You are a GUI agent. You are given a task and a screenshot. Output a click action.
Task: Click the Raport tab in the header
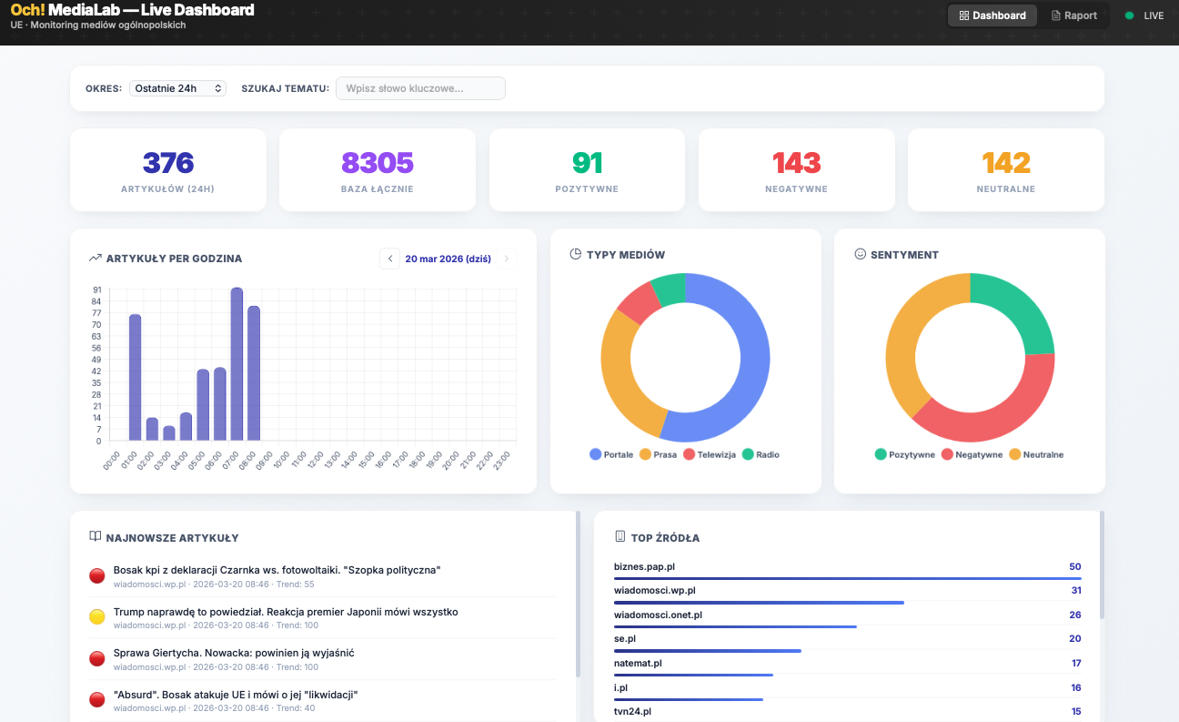[x=1074, y=15]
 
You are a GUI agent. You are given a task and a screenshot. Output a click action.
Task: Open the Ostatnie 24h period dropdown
[x=177, y=88]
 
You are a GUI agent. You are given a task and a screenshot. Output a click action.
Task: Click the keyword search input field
[x=420, y=88]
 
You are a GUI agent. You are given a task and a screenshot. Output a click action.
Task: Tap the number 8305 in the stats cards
[x=378, y=163]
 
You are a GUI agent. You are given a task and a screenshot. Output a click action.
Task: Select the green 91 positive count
[x=587, y=163]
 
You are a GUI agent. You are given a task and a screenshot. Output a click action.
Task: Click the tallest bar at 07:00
[x=237, y=364]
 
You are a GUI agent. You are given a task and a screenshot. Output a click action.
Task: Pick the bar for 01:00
[x=135, y=377]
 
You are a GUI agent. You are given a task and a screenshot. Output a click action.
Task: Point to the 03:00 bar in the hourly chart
[x=169, y=433]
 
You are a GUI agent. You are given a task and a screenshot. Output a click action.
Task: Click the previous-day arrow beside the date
[x=390, y=259]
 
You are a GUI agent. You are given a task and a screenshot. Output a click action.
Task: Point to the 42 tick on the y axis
[x=96, y=371]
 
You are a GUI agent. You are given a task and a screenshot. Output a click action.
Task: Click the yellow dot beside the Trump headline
[x=97, y=617]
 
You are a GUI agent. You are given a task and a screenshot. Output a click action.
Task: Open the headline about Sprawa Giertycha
[x=234, y=653]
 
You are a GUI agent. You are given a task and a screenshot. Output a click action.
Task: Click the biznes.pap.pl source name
[x=644, y=566]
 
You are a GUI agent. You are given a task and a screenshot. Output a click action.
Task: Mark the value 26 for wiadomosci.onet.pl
[x=1075, y=615]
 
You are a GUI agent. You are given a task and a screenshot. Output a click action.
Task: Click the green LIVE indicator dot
[x=1130, y=15]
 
